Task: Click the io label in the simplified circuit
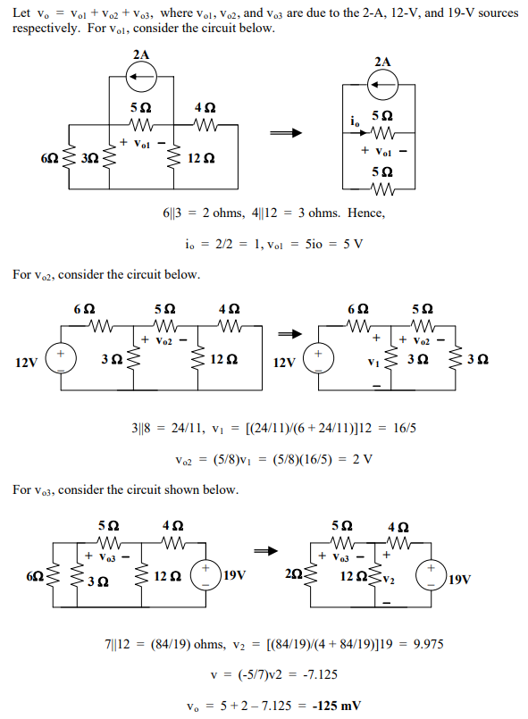[x=356, y=121]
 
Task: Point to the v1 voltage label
[x=375, y=366]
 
